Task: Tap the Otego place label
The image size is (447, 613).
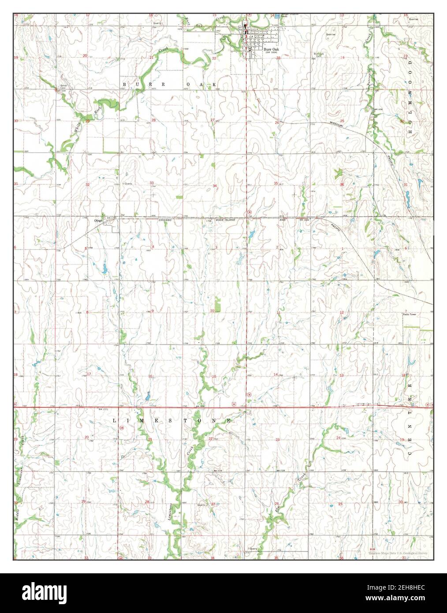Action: click(x=98, y=220)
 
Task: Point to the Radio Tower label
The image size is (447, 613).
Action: click(x=409, y=314)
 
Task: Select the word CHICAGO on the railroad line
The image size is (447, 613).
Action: click(x=174, y=220)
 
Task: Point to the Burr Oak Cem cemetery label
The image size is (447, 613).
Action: click(x=319, y=55)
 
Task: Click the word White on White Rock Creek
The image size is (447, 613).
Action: click(x=78, y=128)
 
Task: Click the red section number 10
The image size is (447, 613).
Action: click(x=212, y=311)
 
